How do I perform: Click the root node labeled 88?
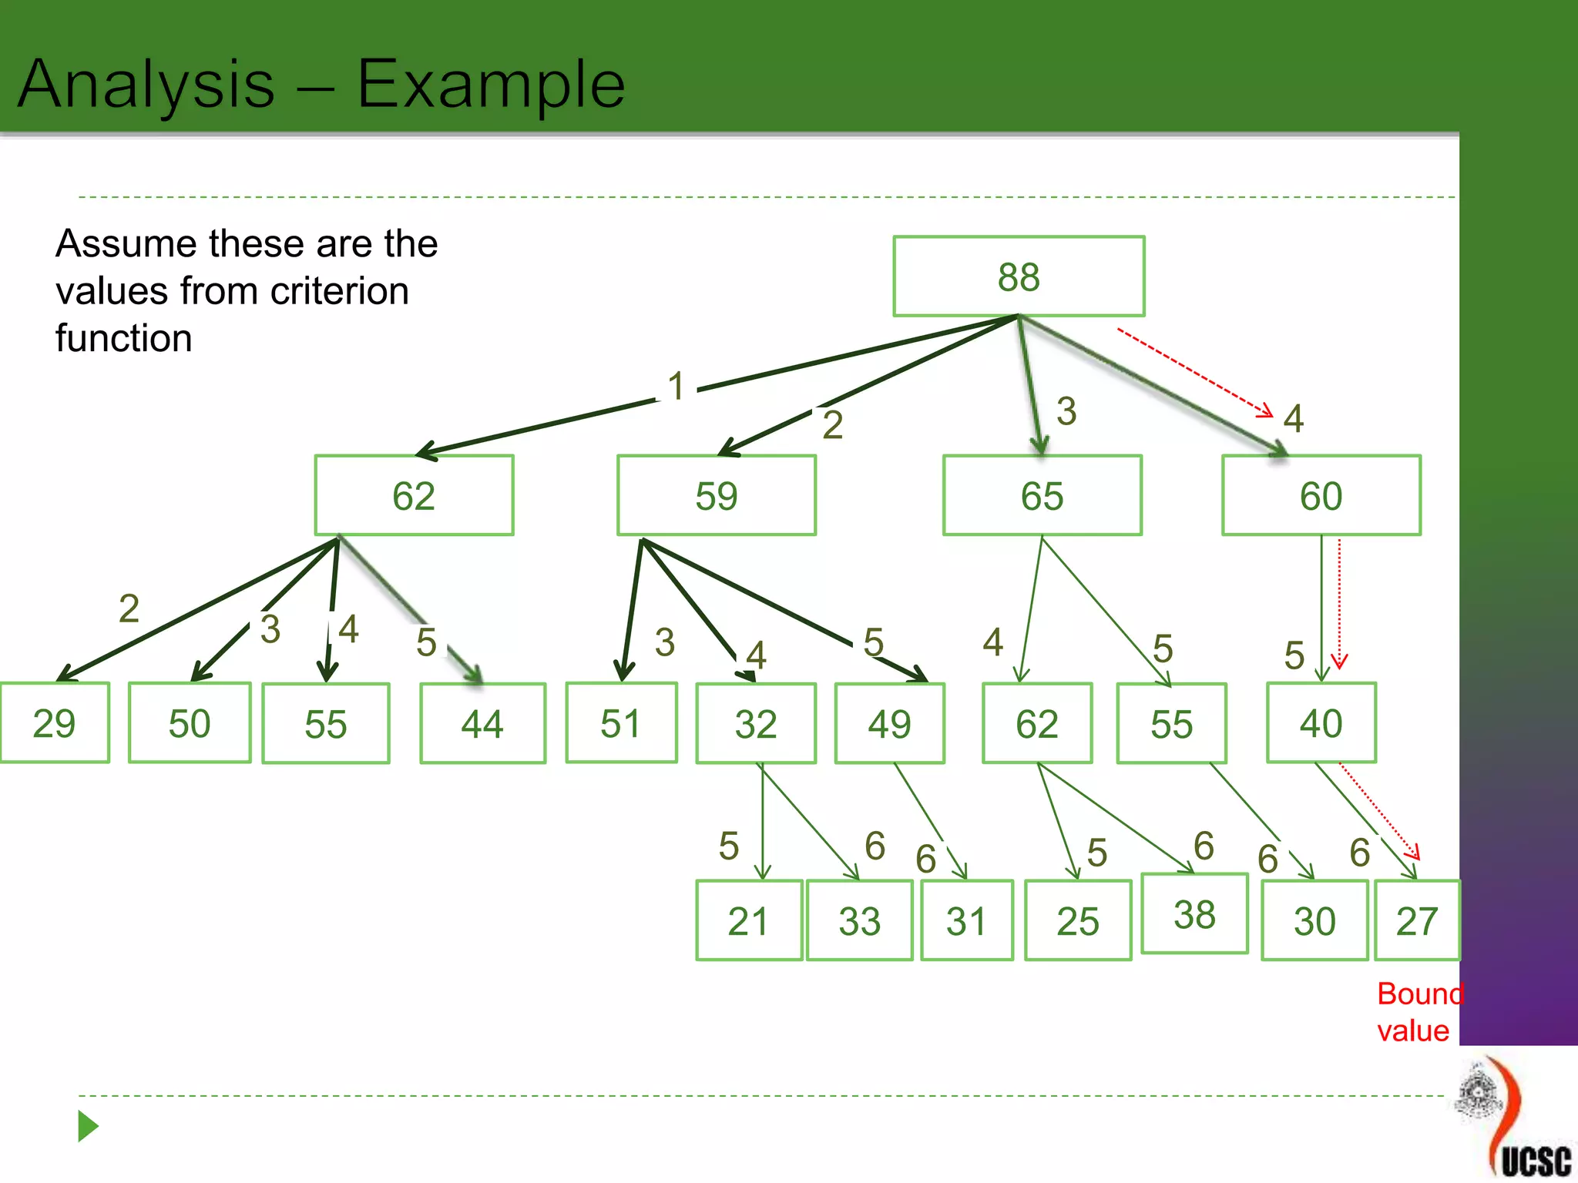[1019, 276]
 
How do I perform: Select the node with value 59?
[716, 495]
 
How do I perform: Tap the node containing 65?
[1042, 495]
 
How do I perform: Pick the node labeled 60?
[1321, 495]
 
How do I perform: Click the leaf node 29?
[55, 723]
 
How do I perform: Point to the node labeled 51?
[621, 723]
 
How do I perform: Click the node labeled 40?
[1321, 723]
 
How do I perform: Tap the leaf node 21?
[748, 921]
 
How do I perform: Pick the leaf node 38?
[1194, 914]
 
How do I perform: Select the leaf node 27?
[1417, 921]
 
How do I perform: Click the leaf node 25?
[1077, 921]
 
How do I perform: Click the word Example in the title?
[491, 84]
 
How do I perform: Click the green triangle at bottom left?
[88, 1127]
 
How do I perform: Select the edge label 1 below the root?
[676, 386]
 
